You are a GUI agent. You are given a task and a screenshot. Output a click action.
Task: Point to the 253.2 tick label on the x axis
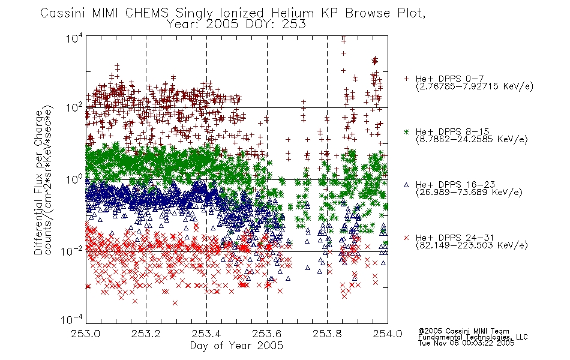click(x=146, y=334)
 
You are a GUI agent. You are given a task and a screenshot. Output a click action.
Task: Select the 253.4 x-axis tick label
click(x=206, y=334)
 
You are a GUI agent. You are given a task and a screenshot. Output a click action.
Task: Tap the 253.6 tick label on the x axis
click(x=267, y=334)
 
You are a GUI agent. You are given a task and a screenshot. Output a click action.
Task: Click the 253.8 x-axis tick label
click(x=327, y=334)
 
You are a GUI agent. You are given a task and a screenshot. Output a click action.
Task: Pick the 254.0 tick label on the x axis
click(x=388, y=334)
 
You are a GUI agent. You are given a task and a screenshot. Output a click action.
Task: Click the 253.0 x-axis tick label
click(x=86, y=334)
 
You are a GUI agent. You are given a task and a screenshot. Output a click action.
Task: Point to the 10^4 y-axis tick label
click(x=74, y=38)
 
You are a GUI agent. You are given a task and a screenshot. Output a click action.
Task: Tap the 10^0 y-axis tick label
click(x=74, y=179)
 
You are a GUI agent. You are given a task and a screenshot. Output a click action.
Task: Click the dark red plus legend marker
click(x=406, y=79)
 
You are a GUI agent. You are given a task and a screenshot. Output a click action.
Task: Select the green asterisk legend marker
click(x=406, y=131)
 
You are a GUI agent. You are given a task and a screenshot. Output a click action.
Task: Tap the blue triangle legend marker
click(x=406, y=185)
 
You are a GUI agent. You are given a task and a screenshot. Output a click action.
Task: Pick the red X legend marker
click(x=406, y=238)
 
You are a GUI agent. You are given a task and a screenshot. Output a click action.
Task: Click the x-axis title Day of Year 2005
click(x=236, y=346)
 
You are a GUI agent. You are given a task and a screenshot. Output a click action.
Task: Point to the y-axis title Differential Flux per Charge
click(x=38, y=182)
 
